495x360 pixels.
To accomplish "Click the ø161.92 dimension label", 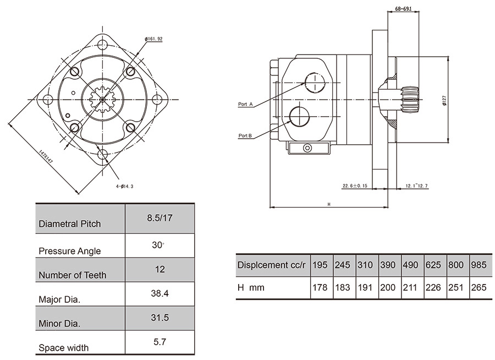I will (153, 39).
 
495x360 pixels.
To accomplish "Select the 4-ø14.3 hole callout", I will (125, 187).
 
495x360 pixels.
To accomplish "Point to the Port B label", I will (245, 135).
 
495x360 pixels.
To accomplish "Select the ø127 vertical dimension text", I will (444, 100).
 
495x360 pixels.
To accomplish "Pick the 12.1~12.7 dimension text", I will (416, 186).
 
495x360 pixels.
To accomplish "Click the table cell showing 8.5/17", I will (159, 218).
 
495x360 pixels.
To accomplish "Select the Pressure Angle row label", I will (70, 251).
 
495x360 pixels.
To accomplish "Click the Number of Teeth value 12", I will (159, 270).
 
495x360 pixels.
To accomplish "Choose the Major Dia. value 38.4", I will (159, 294).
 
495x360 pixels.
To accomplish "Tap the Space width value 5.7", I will (159, 342).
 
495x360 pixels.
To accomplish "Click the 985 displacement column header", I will (479, 265).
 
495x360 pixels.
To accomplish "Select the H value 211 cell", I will (410, 287).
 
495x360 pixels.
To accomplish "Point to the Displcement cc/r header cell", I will (271, 265).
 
